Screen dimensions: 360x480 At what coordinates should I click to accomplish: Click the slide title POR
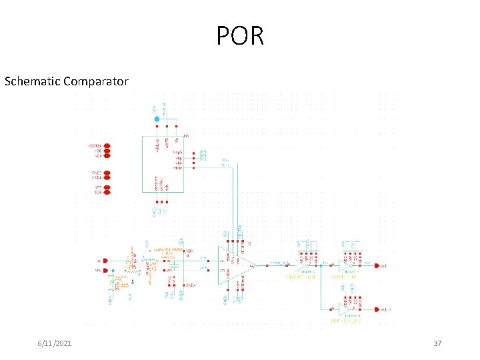pos(240,35)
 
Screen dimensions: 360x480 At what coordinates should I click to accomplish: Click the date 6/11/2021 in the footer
pos(55,343)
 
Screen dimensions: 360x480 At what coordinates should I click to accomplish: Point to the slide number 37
pos(437,343)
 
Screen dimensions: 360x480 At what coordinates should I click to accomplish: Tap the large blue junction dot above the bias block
pos(157,119)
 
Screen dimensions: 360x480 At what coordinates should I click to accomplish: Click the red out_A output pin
pos(377,309)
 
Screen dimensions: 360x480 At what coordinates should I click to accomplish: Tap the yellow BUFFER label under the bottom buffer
pos(345,321)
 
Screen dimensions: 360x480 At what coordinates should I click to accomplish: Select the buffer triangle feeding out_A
pos(345,309)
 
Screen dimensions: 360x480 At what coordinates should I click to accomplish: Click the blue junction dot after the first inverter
pos(331,265)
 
